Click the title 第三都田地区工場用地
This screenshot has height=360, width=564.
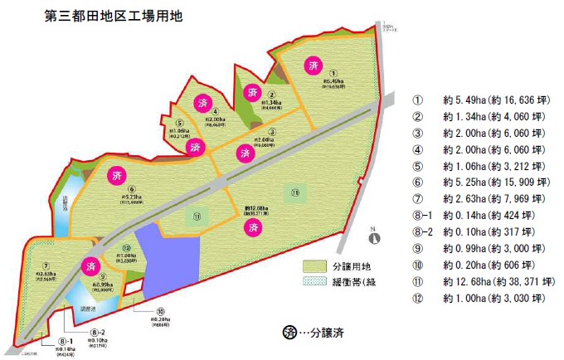(106, 15)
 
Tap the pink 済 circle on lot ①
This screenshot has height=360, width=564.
(312, 65)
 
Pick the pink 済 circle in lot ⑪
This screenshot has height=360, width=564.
(250, 226)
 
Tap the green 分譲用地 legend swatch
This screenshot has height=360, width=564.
(317, 266)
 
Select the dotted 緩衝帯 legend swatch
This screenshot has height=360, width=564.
(317, 283)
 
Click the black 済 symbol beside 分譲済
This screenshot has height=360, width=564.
(289, 333)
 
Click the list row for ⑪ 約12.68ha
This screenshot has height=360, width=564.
(482, 282)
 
